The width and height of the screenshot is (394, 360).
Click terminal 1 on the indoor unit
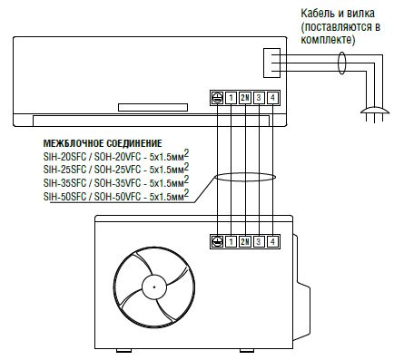click(231, 98)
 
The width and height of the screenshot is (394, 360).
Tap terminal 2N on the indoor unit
click(245, 98)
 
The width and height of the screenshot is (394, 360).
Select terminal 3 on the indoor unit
click(259, 98)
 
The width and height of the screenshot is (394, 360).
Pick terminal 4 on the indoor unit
click(272, 98)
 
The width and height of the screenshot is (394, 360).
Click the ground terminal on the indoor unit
click(217, 98)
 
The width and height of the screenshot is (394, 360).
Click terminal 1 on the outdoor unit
click(231, 241)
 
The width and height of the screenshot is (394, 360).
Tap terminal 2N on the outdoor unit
click(245, 241)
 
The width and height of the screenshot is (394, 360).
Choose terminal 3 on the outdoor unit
click(259, 241)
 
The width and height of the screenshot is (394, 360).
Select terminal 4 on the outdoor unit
click(272, 241)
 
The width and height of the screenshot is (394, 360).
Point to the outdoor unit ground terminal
click(217, 241)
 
